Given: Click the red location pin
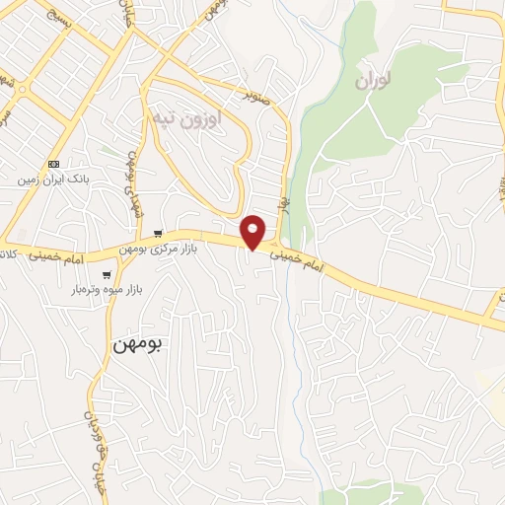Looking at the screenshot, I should click(253, 231).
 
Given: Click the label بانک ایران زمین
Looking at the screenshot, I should click(53, 181).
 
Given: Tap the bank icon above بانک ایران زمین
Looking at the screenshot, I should click(53, 164).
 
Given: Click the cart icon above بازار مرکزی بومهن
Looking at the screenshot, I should click(158, 234).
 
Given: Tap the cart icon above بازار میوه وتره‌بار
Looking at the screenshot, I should click(106, 275).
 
